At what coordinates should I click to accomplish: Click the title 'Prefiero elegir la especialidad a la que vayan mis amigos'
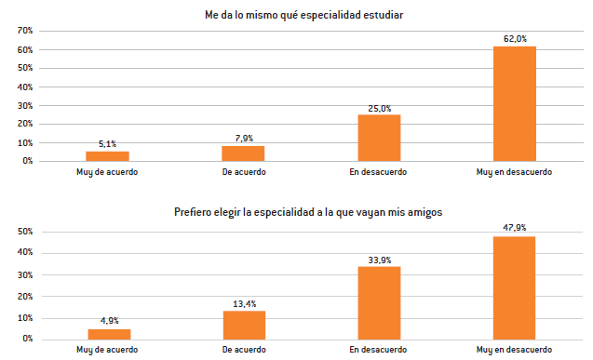(x=307, y=213)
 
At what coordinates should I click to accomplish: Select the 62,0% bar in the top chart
(x=514, y=103)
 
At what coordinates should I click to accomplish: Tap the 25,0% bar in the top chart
(x=379, y=138)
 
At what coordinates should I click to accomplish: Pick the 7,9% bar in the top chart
(x=243, y=153)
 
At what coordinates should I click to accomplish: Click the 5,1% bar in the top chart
(x=107, y=156)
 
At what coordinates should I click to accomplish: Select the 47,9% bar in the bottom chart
(x=514, y=287)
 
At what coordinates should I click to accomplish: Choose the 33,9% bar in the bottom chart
(x=379, y=302)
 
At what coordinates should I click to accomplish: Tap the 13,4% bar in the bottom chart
(x=244, y=325)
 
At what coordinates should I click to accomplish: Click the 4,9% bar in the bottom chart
(x=108, y=334)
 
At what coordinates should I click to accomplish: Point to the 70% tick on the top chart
(x=25, y=31)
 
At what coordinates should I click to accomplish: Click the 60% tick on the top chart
(x=25, y=49)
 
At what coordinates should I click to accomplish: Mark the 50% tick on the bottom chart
(x=25, y=232)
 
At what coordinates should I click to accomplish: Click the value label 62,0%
(x=515, y=39)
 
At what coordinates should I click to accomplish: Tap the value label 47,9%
(x=514, y=229)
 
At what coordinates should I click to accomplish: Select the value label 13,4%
(x=244, y=303)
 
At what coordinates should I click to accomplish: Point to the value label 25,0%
(x=379, y=108)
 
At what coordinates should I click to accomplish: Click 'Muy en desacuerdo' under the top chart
(x=514, y=172)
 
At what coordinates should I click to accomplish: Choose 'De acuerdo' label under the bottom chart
(x=244, y=350)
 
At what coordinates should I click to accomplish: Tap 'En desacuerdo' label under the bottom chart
(x=379, y=350)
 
